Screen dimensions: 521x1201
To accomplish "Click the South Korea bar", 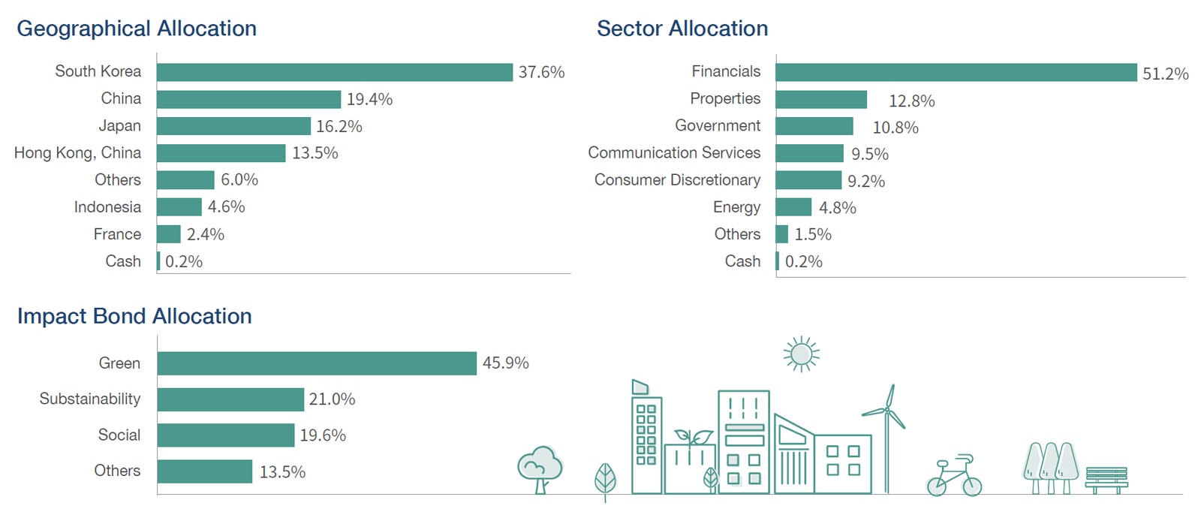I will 335,72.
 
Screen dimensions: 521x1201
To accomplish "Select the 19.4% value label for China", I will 369,99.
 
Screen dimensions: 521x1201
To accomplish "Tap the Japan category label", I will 119,126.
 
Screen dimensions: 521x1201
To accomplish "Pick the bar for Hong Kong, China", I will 221,153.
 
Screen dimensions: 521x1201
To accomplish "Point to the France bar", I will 169,234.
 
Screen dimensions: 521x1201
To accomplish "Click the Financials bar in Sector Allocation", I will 956,73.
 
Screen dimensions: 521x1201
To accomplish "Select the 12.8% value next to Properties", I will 911,101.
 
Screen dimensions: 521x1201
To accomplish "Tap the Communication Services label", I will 674,153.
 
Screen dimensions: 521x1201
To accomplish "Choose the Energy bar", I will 793,207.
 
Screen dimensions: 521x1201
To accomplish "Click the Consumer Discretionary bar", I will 808,180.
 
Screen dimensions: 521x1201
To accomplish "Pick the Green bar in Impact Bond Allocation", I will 317,363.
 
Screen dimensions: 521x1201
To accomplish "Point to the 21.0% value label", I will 332,399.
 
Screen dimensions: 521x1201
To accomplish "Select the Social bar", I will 226,435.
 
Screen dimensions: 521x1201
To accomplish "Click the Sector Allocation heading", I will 682,29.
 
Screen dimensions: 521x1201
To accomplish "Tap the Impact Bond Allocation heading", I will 134,316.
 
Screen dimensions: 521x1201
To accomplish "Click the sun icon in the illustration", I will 801,354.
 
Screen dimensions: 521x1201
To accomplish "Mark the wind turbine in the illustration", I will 887,439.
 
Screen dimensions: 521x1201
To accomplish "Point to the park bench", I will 1106,480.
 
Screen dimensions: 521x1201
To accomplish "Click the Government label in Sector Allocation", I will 717,126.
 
